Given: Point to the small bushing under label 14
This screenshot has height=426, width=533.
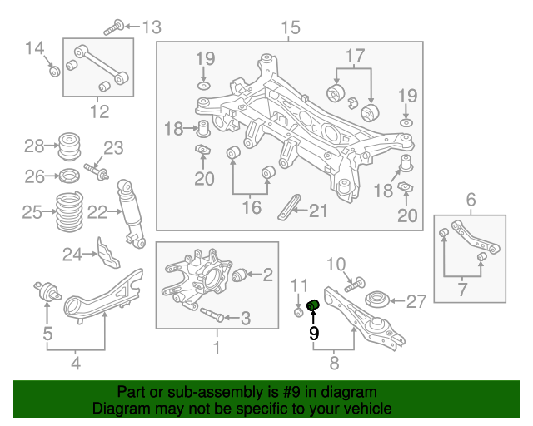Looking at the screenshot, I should coord(54,72).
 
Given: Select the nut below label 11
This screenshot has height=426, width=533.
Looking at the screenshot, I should coord(299,312).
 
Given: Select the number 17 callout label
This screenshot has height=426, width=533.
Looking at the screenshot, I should coord(355,57).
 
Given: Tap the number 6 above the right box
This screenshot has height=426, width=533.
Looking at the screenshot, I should coord(471,200).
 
